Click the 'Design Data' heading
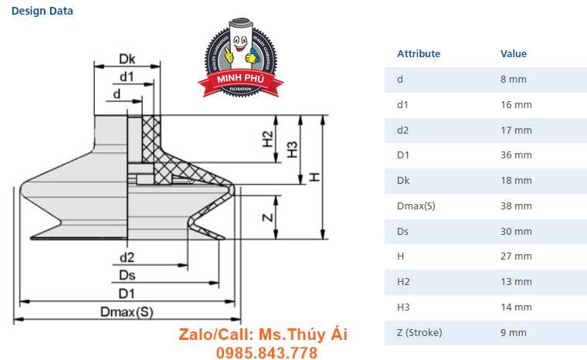(42, 12)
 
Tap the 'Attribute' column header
(419, 54)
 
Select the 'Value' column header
(514, 54)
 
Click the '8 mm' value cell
(514, 79)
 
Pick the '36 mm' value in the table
(516, 155)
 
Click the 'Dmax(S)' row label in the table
(416, 205)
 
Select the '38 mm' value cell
(516, 205)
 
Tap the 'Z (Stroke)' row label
(419, 332)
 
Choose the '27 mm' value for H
(516, 256)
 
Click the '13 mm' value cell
(516, 281)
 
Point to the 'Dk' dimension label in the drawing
(127, 59)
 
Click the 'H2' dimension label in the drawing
(267, 139)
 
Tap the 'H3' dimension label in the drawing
(293, 149)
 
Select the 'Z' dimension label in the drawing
(267, 217)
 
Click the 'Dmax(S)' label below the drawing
(127, 311)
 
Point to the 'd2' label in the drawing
(127, 256)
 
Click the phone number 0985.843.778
(267, 353)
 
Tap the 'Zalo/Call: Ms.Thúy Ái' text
(263, 335)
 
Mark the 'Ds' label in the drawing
(127, 275)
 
